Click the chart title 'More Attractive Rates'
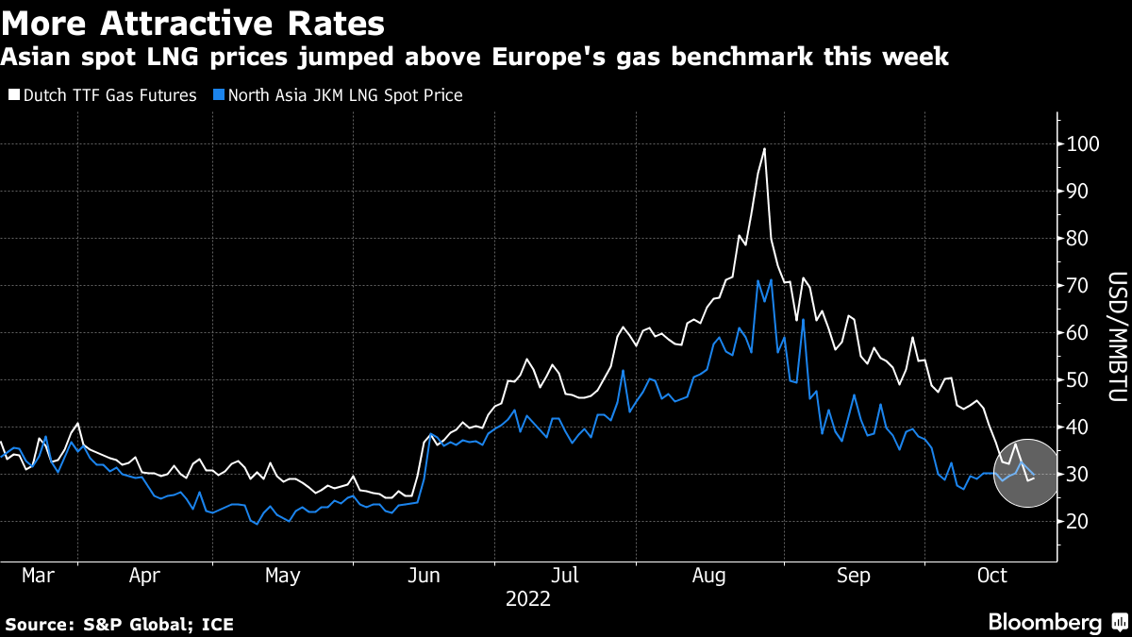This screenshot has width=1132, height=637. (x=194, y=21)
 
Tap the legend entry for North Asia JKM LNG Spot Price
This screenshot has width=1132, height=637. (x=340, y=95)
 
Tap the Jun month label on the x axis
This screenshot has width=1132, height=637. (x=424, y=575)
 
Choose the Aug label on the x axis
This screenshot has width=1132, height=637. (x=709, y=575)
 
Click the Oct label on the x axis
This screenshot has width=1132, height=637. (x=992, y=575)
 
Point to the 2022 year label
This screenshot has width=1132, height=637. (x=527, y=598)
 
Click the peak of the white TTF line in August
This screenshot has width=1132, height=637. (x=764, y=149)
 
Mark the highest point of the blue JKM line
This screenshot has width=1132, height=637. (x=758, y=280)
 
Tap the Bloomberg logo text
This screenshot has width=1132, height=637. (x=1044, y=623)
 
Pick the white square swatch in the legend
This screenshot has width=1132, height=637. (x=13, y=95)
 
